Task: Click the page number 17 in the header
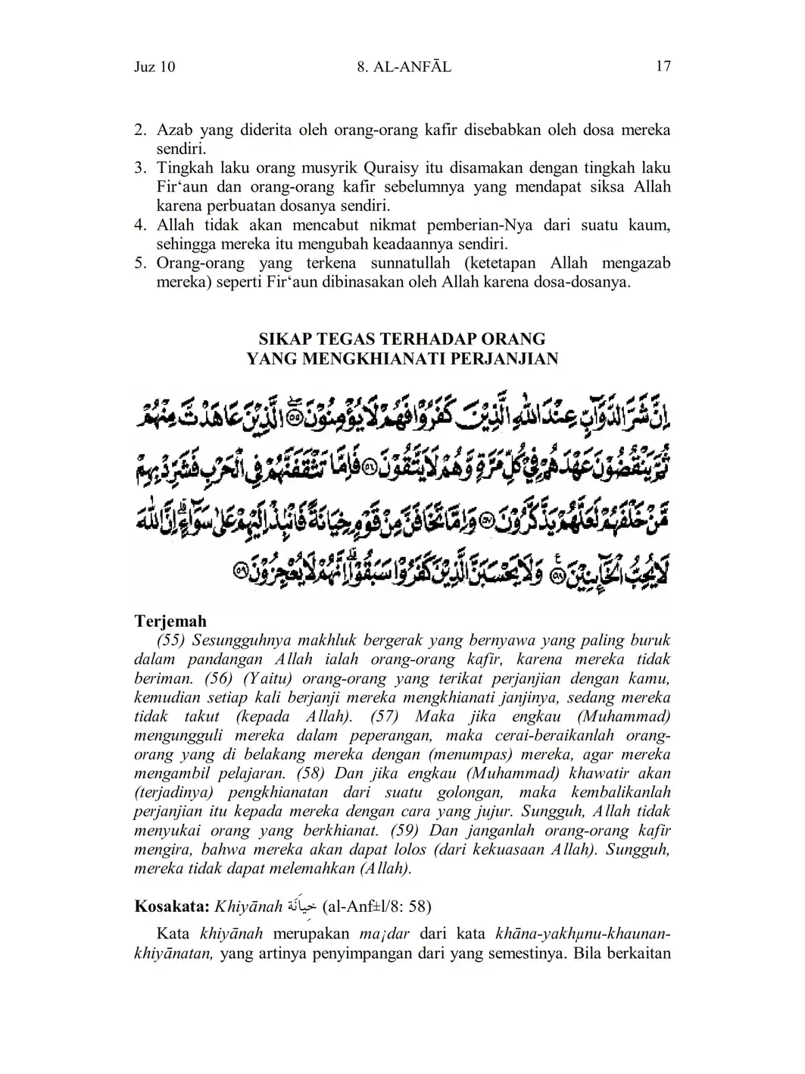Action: click(663, 67)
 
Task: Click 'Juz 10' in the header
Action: click(154, 67)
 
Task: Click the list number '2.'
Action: click(140, 130)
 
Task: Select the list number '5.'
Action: click(140, 264)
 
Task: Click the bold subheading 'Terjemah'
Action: click(170, 622)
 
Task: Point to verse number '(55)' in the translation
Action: click(172, 640)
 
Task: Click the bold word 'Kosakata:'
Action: click(172, 906)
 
